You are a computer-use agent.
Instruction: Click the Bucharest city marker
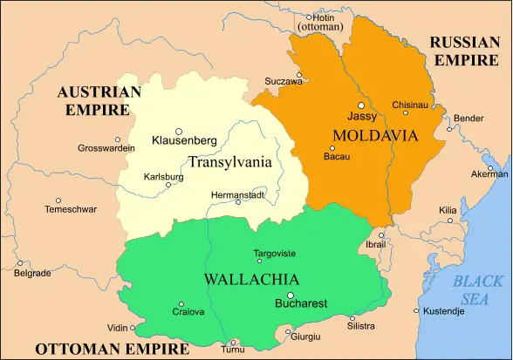(291, 295)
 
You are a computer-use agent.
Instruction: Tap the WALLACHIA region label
(251, 280)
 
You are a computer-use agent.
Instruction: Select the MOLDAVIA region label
(375, 135)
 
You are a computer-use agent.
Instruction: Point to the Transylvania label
(229, 162)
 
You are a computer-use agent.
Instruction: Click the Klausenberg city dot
(179, 132)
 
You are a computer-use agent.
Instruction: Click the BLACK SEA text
(477, 290)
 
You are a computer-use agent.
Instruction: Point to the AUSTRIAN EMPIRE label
(99, 101)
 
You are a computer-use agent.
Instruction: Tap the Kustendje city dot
(415, 310)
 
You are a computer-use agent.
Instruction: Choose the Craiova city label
(188, 312)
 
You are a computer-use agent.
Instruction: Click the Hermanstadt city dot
(238, 202)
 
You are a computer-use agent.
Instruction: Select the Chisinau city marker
(406, 112)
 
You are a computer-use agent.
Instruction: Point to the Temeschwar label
(71, 209)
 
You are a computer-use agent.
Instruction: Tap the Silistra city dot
(352, 318)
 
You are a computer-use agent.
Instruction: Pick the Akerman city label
(489, 173)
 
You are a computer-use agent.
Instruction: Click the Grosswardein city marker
(118, 139)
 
